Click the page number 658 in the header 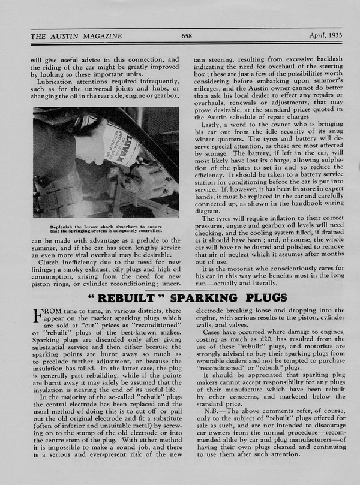coord(187,36)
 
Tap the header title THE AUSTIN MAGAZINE coord(76,36)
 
